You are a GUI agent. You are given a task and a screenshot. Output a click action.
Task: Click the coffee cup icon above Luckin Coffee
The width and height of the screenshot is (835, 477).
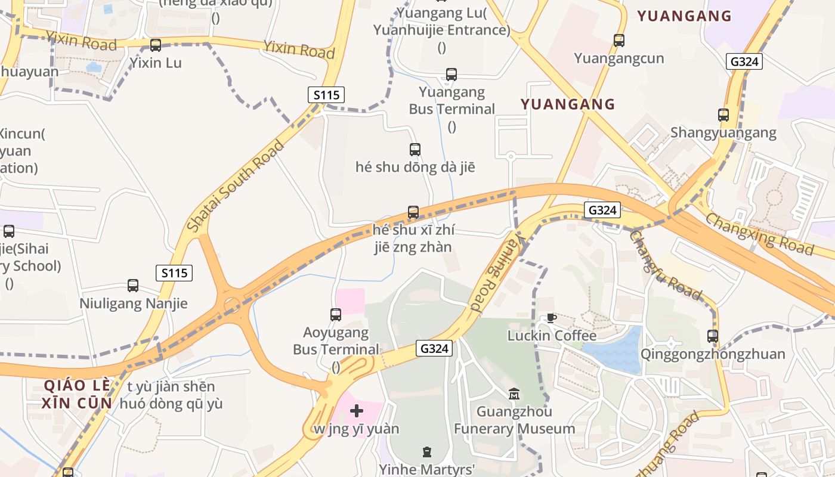(551, 318)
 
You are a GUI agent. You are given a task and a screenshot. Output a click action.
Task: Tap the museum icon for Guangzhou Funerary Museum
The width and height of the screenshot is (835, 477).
(514, 394)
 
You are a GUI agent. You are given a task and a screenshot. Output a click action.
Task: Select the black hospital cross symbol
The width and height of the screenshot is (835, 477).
(357, 411)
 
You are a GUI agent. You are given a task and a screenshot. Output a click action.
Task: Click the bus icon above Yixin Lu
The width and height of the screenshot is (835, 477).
(156, 45)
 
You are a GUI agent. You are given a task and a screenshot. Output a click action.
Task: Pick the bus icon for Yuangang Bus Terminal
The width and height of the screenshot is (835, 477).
(451, 75)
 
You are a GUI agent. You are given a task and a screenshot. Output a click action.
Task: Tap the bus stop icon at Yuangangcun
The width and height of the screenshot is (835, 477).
(619, 41)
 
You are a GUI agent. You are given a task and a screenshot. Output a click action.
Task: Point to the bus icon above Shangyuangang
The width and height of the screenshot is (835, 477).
(723, 115)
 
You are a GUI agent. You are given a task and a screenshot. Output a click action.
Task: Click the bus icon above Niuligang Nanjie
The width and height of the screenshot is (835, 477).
(133, 286)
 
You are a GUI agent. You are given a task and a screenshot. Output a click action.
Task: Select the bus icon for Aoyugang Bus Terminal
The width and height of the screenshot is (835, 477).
(336, 315)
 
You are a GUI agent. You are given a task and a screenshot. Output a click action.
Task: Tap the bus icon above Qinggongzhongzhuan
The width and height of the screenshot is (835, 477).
(713, 336)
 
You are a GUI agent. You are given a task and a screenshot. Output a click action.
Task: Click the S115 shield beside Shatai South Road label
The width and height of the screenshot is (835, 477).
(326, 94)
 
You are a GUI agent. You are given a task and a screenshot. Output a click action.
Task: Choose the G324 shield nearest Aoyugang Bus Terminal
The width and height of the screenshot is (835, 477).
(434, 348)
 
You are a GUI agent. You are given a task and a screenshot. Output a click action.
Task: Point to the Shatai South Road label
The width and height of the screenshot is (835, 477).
(236, 186)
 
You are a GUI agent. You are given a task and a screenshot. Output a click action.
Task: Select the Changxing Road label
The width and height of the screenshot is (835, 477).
(759, 233)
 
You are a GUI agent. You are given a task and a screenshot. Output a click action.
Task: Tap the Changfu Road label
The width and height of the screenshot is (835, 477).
(665, 264)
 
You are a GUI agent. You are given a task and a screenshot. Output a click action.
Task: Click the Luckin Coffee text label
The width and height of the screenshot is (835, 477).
(552, 336)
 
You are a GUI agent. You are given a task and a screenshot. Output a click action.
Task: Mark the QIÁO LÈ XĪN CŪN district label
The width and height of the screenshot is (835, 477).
(78, 394)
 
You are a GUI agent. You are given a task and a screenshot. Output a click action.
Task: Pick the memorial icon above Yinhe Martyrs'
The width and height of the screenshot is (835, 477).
(426, 452)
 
